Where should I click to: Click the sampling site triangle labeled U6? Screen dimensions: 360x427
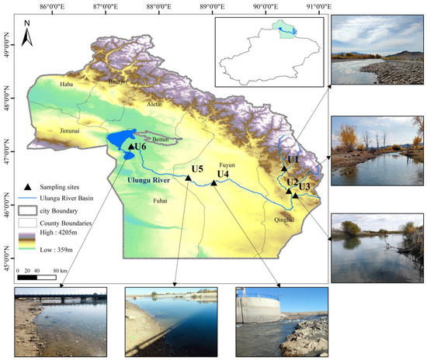130,145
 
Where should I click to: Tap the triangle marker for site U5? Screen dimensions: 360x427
188,178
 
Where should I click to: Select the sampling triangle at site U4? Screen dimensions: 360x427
213,183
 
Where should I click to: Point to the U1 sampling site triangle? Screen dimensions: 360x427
284,168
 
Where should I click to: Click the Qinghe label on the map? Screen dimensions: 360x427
285,220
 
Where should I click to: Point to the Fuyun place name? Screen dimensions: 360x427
227,165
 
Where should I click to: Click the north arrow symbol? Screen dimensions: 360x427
26,35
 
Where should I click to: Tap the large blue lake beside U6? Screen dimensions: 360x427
118,140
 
